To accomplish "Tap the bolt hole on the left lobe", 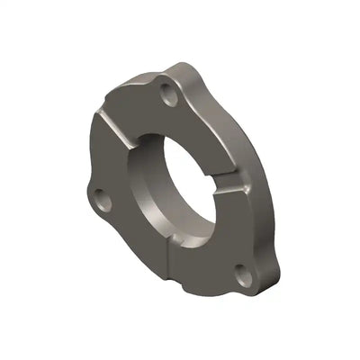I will tap(99, 194).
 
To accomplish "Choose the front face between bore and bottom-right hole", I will tap(220, 243).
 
